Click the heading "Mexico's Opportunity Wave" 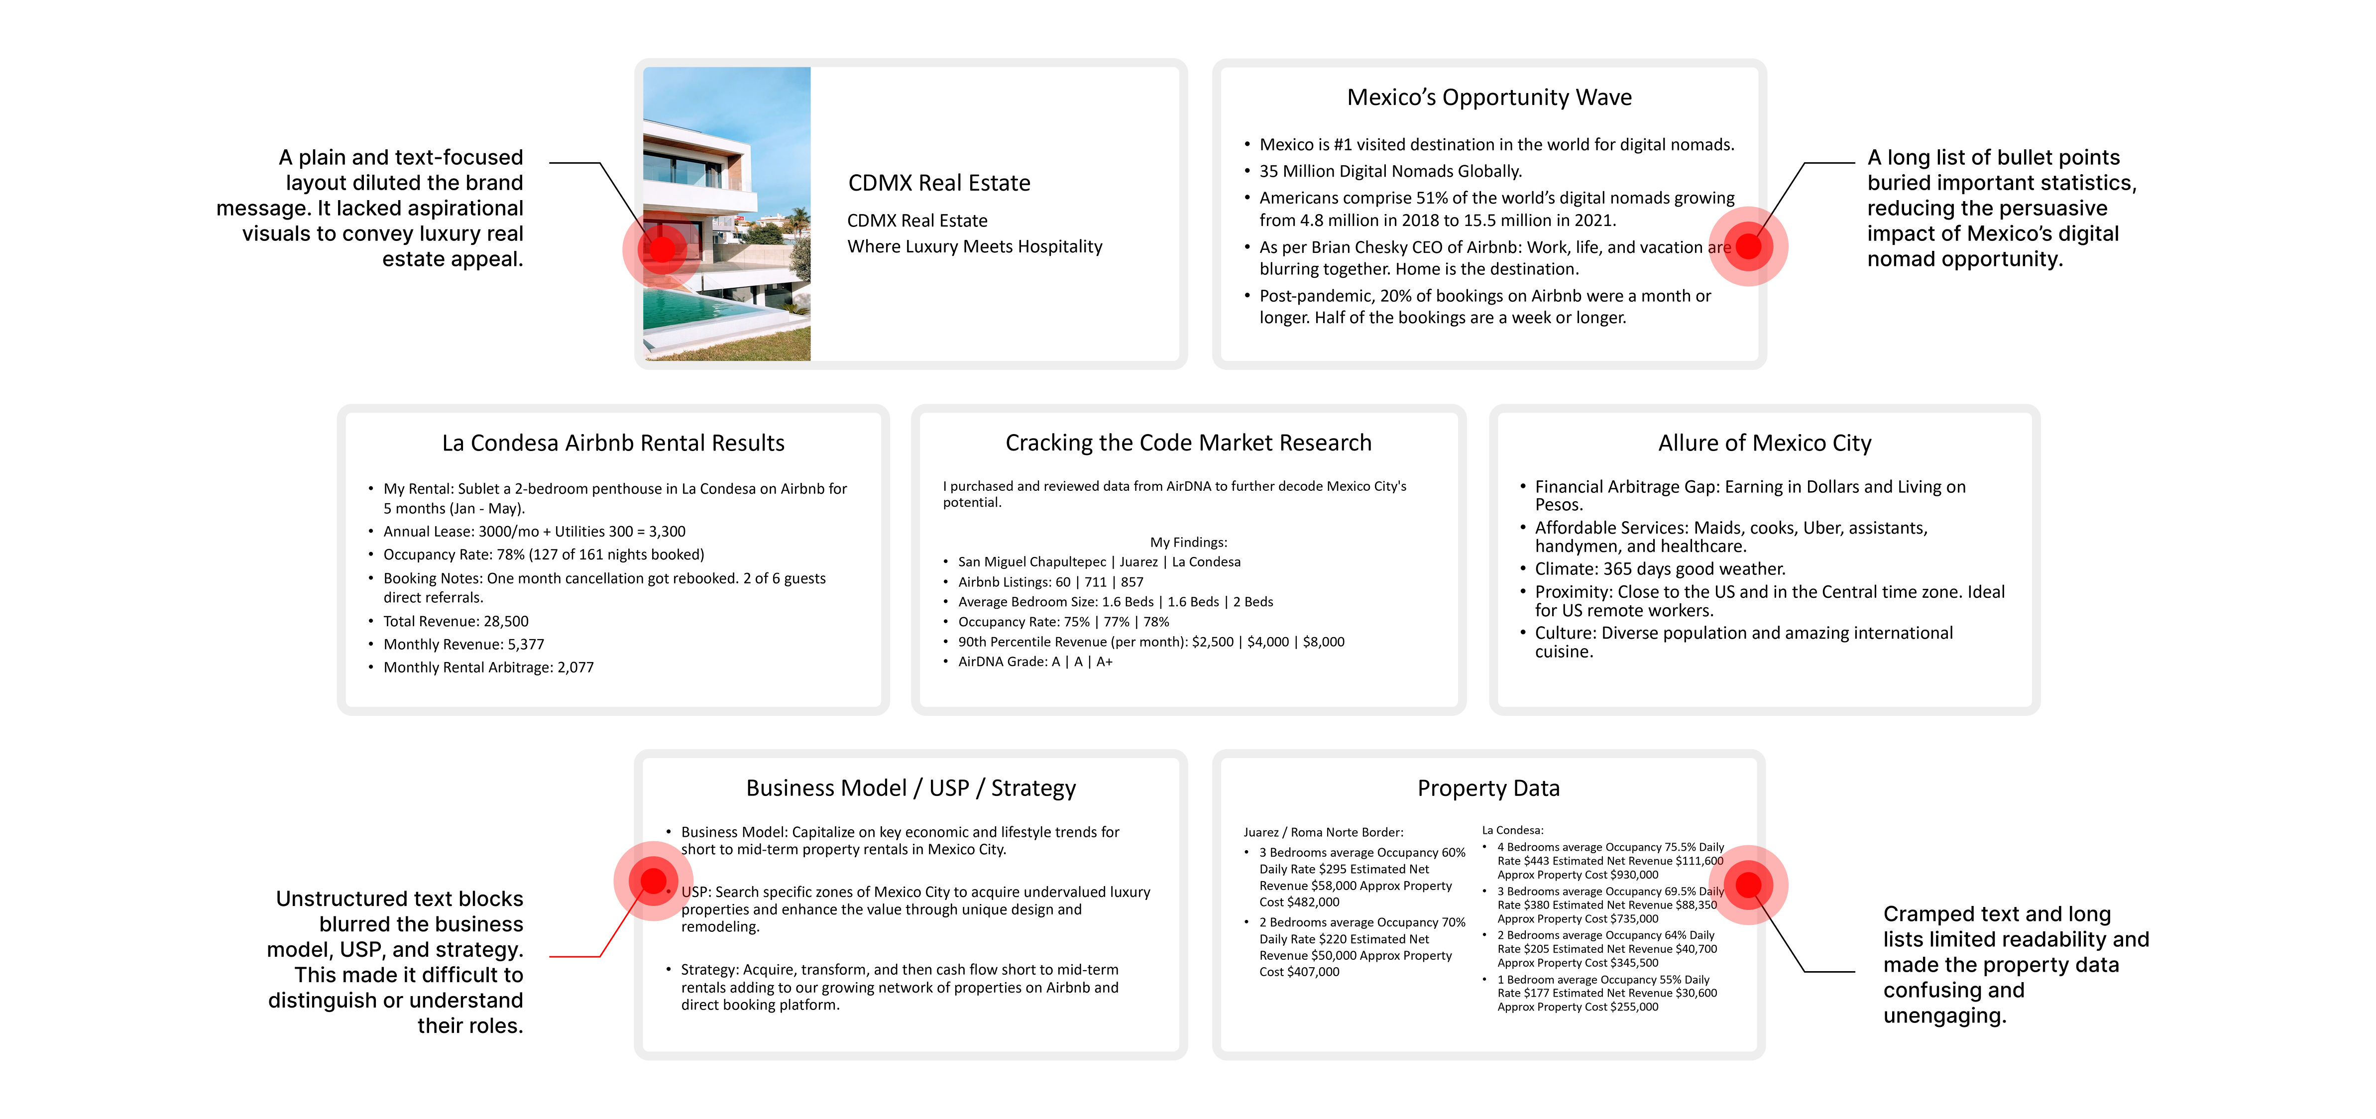(1489, 98)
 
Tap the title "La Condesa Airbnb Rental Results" (612, 444)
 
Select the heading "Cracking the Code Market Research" (1188, 444)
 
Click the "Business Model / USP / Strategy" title (910, 789)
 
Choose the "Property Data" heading (1488, 789)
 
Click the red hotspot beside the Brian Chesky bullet (1748, 246)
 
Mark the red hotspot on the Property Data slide (1748, 885)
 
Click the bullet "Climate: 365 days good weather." (1659, 569)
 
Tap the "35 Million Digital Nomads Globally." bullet (1390, 172)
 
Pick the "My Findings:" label (1188, 543)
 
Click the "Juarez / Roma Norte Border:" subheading (1323, 832)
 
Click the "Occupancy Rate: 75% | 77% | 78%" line (1063, 622)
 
